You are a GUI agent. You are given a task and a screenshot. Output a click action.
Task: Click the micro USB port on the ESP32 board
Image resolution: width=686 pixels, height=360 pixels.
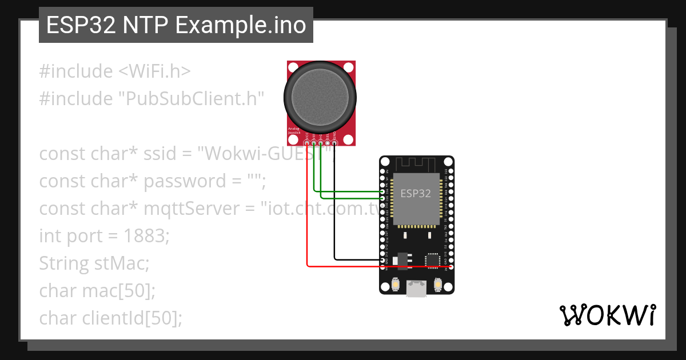click(417, 289)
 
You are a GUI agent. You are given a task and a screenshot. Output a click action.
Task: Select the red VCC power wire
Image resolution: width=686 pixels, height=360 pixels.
click(308, 229)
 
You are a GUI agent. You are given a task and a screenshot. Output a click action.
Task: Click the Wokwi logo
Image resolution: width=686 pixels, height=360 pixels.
click(607, 315)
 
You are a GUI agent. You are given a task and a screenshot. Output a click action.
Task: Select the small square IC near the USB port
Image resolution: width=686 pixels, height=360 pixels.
click(430, 260)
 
